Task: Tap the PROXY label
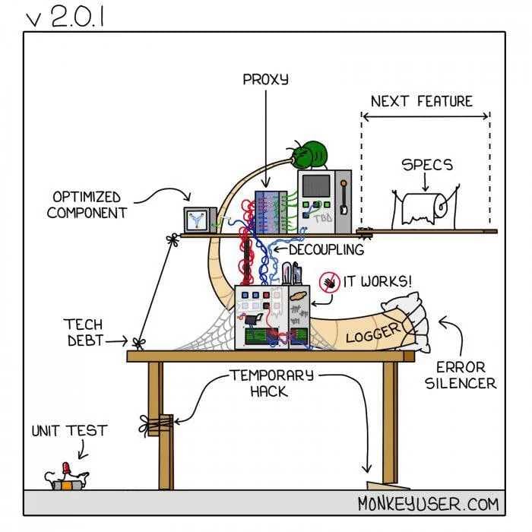point(265,79)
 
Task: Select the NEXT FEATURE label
point(422,101)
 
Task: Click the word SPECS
point(426,165)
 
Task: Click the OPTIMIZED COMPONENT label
point(87,204)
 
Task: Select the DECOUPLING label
point(326,249)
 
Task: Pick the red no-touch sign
point(328,283)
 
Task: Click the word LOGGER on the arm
point(372,331)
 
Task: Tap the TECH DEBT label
point(84,333)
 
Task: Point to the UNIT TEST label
point(69,431)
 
